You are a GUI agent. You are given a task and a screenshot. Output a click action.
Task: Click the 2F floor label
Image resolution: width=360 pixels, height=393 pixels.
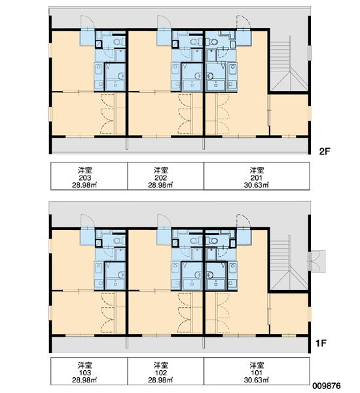325,151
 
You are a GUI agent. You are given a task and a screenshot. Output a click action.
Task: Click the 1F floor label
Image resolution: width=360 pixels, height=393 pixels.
321,343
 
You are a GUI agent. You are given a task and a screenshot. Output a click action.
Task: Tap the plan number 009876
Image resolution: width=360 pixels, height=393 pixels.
327,386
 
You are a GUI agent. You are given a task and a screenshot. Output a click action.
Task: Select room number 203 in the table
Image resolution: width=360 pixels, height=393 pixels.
85,178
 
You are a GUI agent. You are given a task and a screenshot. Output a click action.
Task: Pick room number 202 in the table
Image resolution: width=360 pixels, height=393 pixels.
160,178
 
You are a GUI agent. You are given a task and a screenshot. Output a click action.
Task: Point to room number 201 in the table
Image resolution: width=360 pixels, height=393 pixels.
257,178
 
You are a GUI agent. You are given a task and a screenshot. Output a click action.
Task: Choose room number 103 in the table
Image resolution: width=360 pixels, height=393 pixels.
85,373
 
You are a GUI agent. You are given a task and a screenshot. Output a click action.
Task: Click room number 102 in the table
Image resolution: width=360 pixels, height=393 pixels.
160,373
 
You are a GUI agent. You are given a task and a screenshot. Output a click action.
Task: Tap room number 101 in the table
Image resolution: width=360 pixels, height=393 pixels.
257,373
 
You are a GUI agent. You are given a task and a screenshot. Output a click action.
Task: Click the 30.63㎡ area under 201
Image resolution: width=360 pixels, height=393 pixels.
257,185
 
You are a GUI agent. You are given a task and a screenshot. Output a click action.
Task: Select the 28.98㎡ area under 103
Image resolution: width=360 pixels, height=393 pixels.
84,380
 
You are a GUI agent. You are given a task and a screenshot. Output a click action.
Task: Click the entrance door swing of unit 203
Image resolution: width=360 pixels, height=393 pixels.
87,22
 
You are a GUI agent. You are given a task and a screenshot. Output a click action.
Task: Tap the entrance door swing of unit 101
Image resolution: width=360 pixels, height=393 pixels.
243,221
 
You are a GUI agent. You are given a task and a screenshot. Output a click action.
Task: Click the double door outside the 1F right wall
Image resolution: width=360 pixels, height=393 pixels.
317,261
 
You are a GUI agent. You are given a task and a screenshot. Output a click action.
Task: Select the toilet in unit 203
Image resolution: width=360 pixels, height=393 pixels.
119,42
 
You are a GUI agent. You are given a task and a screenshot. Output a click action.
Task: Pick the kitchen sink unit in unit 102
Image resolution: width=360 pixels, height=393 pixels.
175,276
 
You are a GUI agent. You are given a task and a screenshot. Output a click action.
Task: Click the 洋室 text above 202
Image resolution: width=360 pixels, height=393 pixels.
160,170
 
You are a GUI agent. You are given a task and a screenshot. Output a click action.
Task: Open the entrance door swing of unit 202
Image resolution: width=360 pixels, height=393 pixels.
164,22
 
